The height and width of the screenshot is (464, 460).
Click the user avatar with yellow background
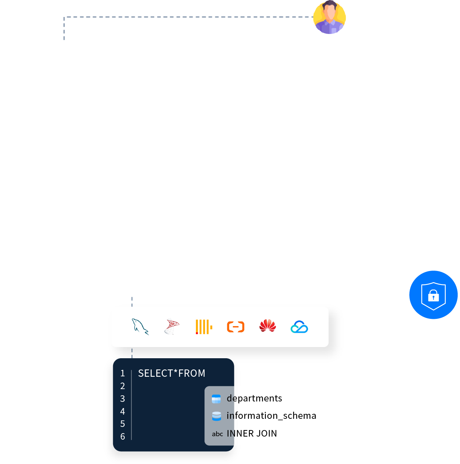pyautogui.click(x=330, y=17)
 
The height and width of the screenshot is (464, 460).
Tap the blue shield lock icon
pyautogui.click(x=433, y=295)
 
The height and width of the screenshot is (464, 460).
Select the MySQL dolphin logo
pyautogui.click(x=140, y=327)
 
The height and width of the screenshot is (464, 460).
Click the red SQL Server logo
pyautogui.click(x=172, y=327)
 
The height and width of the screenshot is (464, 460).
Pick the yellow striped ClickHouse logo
pyautogui.click(x=204, y=327)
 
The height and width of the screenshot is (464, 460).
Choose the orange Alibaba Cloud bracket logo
pyautogui.click(x=235, y=327)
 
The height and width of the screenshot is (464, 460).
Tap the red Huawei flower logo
pyautogui.click(x=267, y=326)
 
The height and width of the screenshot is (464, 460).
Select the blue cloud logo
pyautogui.click(x=299, y=327)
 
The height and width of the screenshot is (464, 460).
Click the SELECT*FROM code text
pyautogui.click(x=172, y=373)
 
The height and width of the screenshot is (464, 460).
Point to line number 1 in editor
pyautogui.click(x=123, y=373)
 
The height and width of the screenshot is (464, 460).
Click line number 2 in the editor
pyautogui.click(x=123, y=386)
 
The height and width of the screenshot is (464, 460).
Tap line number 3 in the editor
pyautogui.click(x=123, y=399)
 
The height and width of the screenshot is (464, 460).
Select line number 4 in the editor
pyautogui.click(x=123, y=412)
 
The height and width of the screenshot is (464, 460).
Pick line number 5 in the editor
pyautogui.click(x=123, y=424)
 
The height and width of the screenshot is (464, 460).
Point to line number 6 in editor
pyautogui.click(x=123, y=437)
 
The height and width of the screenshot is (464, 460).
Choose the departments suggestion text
pyautogui.click(x=254, y=398)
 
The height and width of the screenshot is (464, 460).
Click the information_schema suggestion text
pyautogui.click(x=271, y=416)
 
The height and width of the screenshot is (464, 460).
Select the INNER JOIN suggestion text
pyautogui.click(x=252, y=434)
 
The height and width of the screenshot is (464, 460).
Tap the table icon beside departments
pyautogui.click(x=216, y=399)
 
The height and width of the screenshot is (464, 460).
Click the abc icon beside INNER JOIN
pyautogui.click(x=217, y=434)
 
